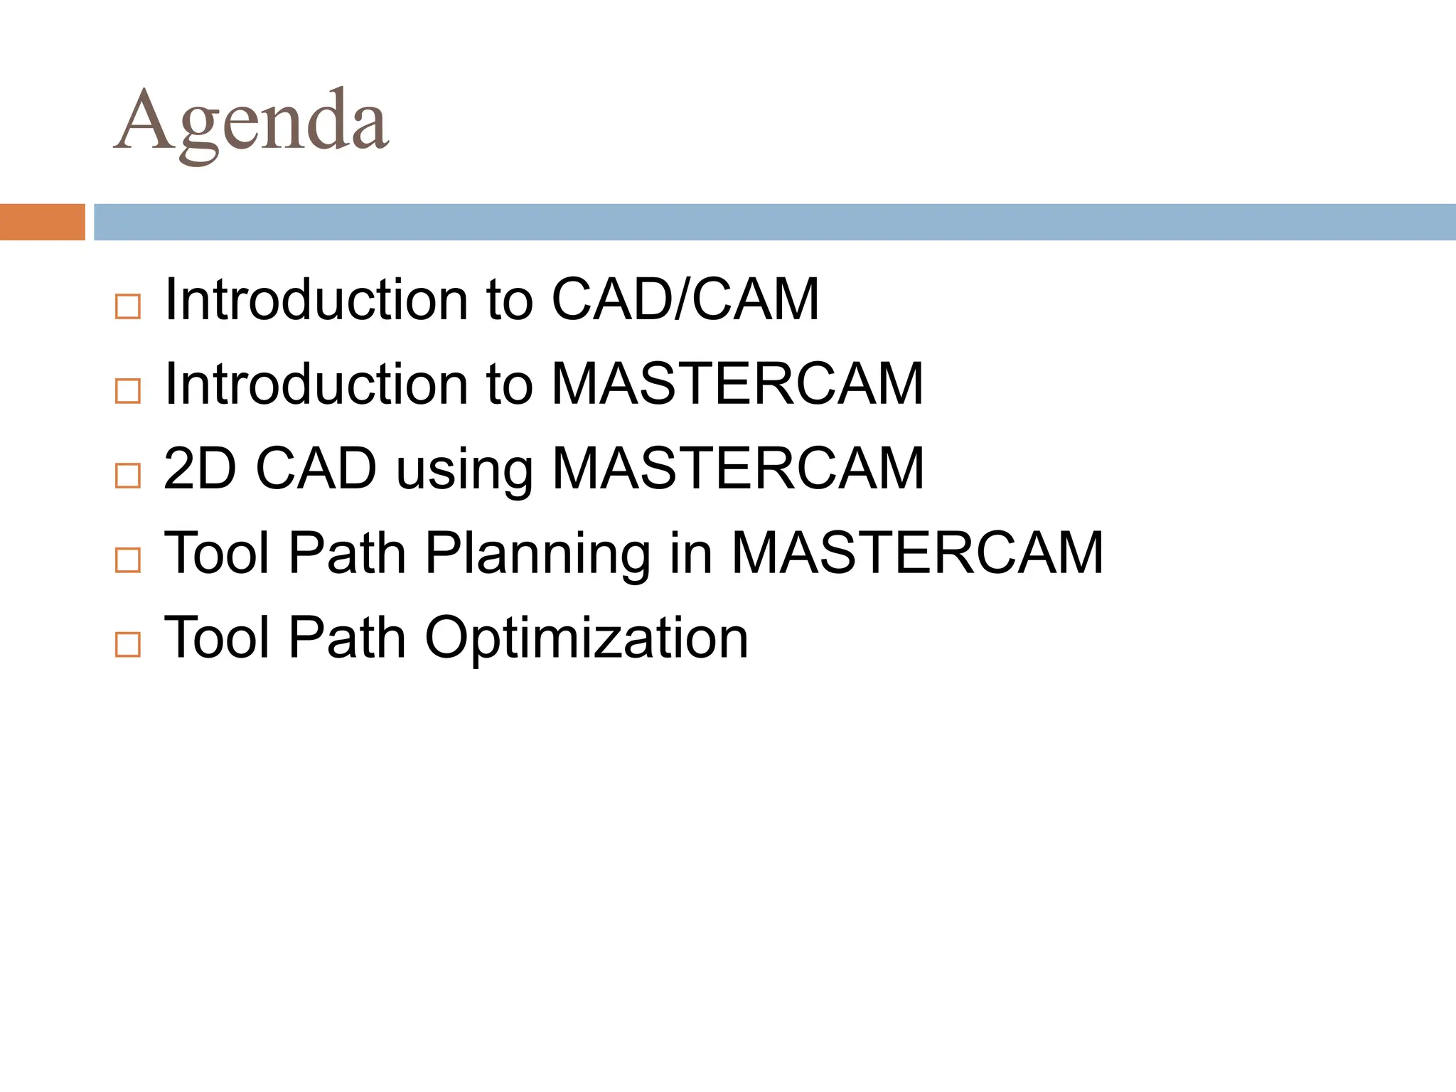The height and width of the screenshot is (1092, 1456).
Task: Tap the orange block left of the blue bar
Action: pos(42,222)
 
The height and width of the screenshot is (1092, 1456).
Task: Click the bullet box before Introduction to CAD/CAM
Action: pos(128,306)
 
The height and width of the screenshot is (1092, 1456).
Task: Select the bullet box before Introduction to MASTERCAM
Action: pos(128,390)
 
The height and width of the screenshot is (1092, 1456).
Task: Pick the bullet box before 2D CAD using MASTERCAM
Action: pos(128,475)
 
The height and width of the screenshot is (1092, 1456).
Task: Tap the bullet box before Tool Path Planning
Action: pos(128,560)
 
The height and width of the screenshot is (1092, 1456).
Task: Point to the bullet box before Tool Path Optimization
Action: pos(128,644)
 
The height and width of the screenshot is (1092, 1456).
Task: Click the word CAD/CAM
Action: pos(685,299)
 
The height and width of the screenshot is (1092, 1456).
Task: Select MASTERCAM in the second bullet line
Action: pos(737,384)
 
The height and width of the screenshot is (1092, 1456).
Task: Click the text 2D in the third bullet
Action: pos(200,469)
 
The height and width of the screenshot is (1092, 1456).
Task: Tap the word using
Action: pos(464,471)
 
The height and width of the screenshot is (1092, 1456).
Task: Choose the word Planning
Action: pos(537,555)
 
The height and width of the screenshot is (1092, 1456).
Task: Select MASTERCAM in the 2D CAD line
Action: pos(738,469)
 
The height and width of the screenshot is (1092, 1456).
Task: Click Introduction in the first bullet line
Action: pos(316,299)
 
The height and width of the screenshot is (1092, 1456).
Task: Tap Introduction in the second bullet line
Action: pos(316,384)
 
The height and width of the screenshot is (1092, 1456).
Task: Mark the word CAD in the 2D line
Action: pos(316,469)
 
